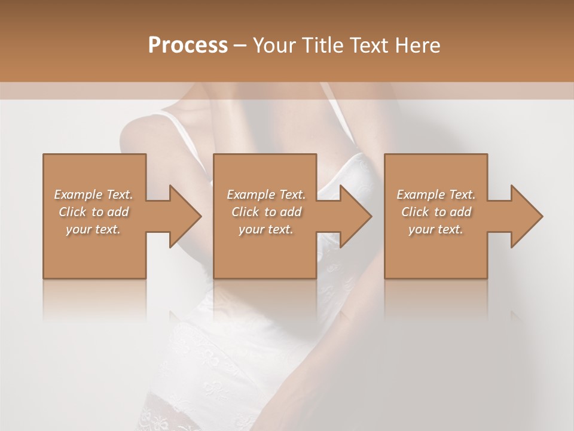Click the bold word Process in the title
tap(188, 45)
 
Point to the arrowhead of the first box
tap(185, 216)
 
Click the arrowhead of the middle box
tap(356, 216)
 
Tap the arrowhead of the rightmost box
tap(527, 216)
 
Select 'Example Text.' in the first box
tap(93, 195)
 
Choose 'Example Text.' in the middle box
tap(266, 195)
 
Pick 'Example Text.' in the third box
tap(436, 195)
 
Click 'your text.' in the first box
tap(93, 229)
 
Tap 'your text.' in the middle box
tap(266, 229)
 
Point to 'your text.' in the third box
tap(436, 229)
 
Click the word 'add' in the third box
tap(462, 212)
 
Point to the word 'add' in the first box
tap(118, 212)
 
